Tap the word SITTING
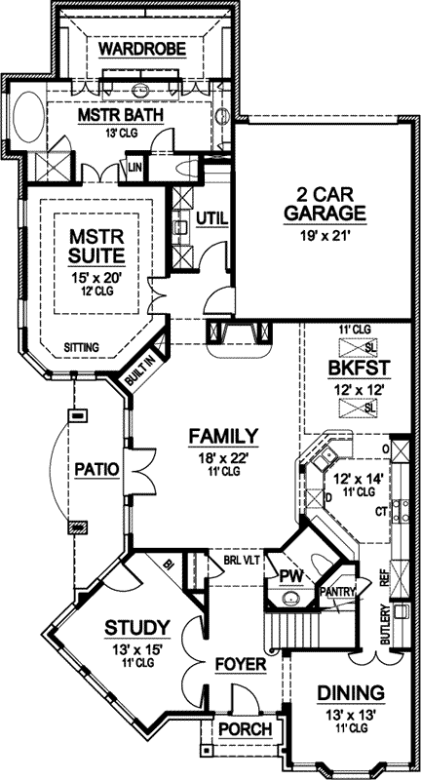click(x=81, y=346)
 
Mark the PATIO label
click(x=95, y=470)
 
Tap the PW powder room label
click(x=290, y=577)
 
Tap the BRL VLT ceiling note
click(x=241, y=562)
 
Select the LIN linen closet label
click(x=134, y=168)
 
